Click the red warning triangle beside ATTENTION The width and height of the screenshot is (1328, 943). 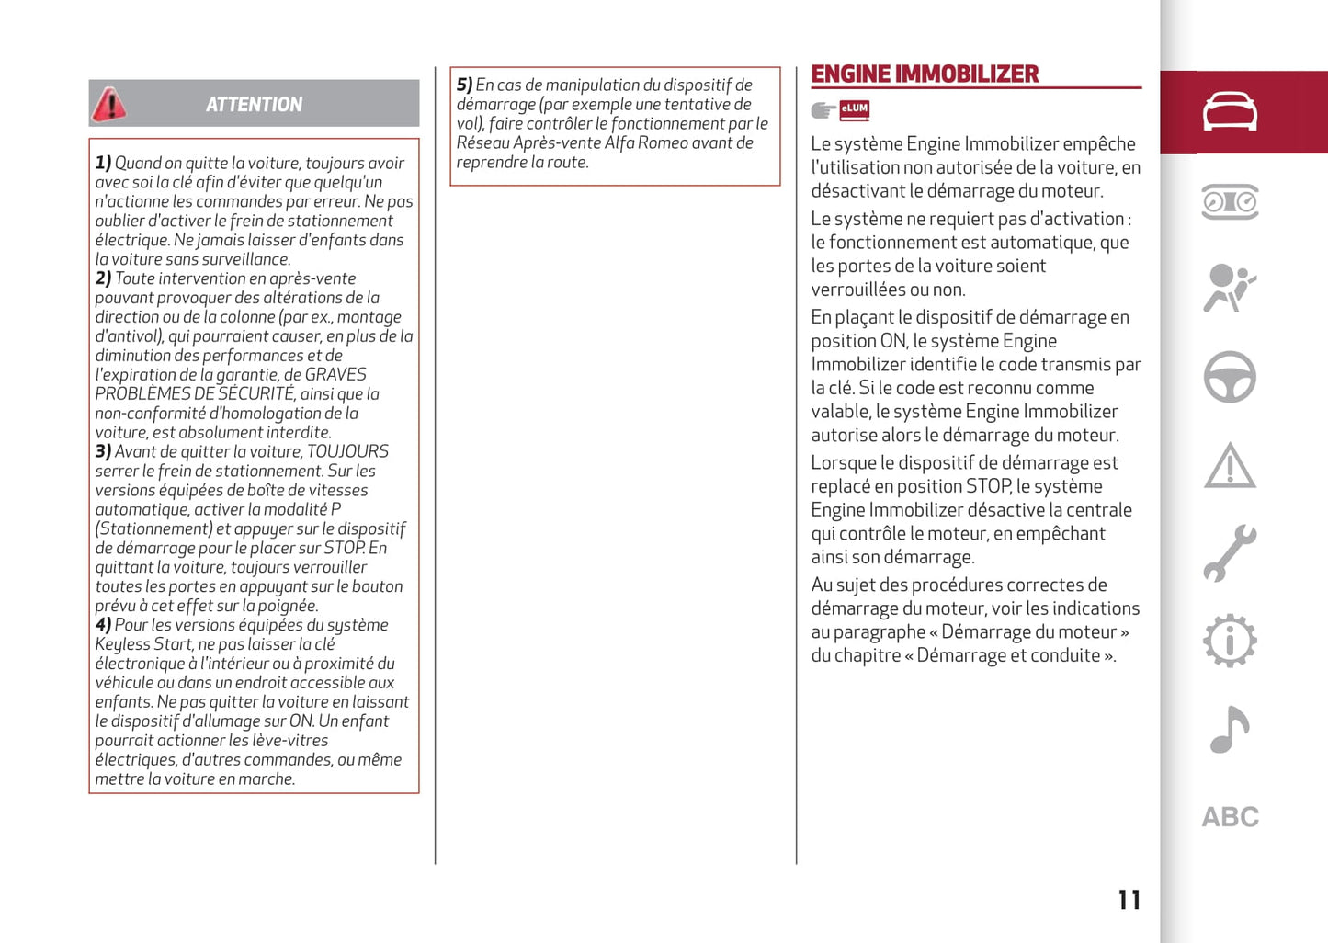(109, 105)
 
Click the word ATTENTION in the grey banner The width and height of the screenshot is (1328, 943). (254, 105)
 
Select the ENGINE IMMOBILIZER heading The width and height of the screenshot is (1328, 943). (925, 74)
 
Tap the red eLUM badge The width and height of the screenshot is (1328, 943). (854, 110)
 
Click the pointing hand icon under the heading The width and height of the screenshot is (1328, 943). (823, 111)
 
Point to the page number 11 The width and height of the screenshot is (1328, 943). (1129, 900)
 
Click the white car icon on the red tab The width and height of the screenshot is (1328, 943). (1230, 112)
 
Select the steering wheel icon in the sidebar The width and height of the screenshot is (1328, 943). (1230, 377)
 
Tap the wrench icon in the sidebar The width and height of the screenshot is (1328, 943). (1230, 553)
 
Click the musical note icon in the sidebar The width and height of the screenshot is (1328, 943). (1229, 730)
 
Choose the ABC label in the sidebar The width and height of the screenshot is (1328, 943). (1230, 817)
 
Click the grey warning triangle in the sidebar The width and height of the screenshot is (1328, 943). (1230, 465)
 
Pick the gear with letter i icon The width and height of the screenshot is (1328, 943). (1230, 641)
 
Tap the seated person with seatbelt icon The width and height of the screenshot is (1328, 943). (1229, 289)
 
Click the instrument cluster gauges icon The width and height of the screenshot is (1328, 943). (1230, 201)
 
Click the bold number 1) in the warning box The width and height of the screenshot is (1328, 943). (103, 164)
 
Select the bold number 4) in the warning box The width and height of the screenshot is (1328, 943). (103, 625)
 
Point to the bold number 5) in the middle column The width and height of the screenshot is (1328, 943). (464, 85)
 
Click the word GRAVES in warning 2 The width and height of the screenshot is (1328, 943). (335, 375)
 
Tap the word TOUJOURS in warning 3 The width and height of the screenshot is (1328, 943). (347, 452)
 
